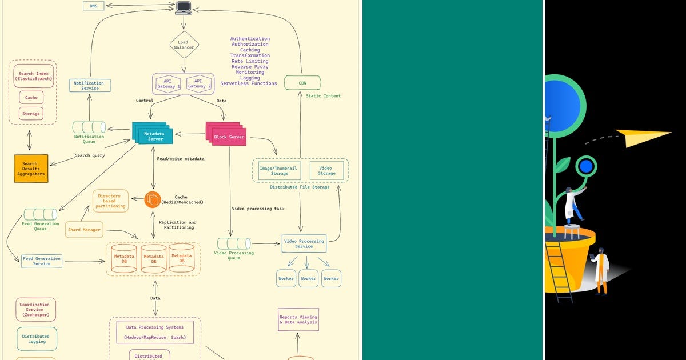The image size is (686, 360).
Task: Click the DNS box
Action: click(93, 6)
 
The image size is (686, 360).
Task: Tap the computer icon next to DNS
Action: click(184, 7)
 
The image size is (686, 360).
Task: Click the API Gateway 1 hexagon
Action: click(168, 84)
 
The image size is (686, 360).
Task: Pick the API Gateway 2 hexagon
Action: click(198, 84)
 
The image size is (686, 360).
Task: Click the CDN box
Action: click(302, 83)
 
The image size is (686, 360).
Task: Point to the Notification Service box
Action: click(90, 86)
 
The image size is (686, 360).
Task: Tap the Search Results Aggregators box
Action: click(31, 168)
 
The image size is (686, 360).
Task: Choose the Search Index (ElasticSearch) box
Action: click(34, 77)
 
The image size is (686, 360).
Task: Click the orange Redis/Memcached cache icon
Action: click(152, 199)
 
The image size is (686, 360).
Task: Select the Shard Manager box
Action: click(84, 230)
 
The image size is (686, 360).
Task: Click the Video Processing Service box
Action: click(304, 243)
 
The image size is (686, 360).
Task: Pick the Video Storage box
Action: click(327, 170)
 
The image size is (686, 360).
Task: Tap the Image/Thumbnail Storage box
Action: click(279, 170)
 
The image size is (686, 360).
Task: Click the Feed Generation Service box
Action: click(42, 261)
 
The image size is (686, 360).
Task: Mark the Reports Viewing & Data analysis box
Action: click(298, 320)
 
